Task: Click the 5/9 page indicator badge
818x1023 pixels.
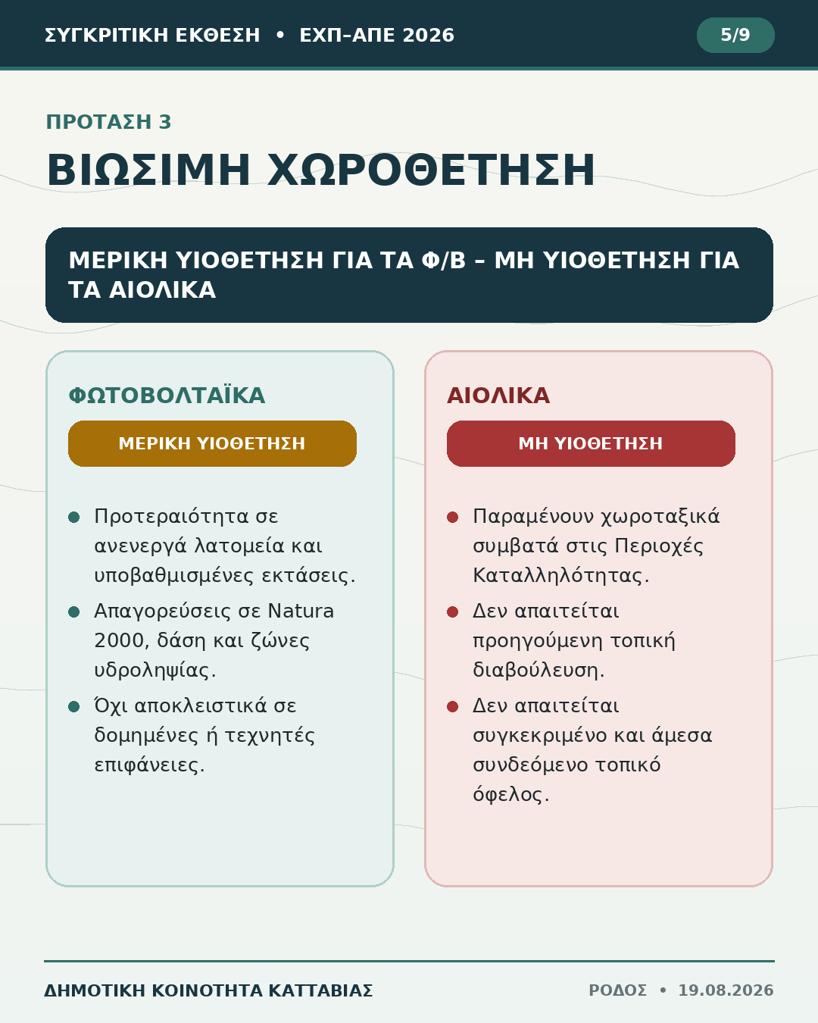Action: point(735,35)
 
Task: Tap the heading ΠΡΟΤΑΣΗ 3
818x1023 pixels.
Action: point(108,122)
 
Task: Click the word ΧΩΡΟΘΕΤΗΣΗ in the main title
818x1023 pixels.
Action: point(431,170)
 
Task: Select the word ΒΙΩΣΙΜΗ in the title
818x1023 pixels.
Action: point(148,170)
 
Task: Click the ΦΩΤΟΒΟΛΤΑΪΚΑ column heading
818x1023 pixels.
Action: point(167,396)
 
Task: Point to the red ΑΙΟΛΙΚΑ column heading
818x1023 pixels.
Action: point(498,396)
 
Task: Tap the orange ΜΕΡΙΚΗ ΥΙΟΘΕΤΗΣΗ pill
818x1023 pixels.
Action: point(213,443)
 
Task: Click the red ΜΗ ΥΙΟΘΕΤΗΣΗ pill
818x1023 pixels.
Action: point(591,443)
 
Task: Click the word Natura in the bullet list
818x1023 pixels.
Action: point(301,611)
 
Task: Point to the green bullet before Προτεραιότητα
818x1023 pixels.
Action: point(73,518)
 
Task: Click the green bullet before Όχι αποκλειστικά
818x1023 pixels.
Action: point(73,706)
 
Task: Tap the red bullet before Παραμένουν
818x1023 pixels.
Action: point(452,518)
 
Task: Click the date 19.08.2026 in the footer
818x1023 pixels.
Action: point(726,990)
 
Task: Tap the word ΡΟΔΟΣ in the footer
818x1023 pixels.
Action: point(617,990)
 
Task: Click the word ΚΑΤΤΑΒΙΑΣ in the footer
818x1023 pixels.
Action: point(320,990)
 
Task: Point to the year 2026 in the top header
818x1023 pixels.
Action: point(428,35)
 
